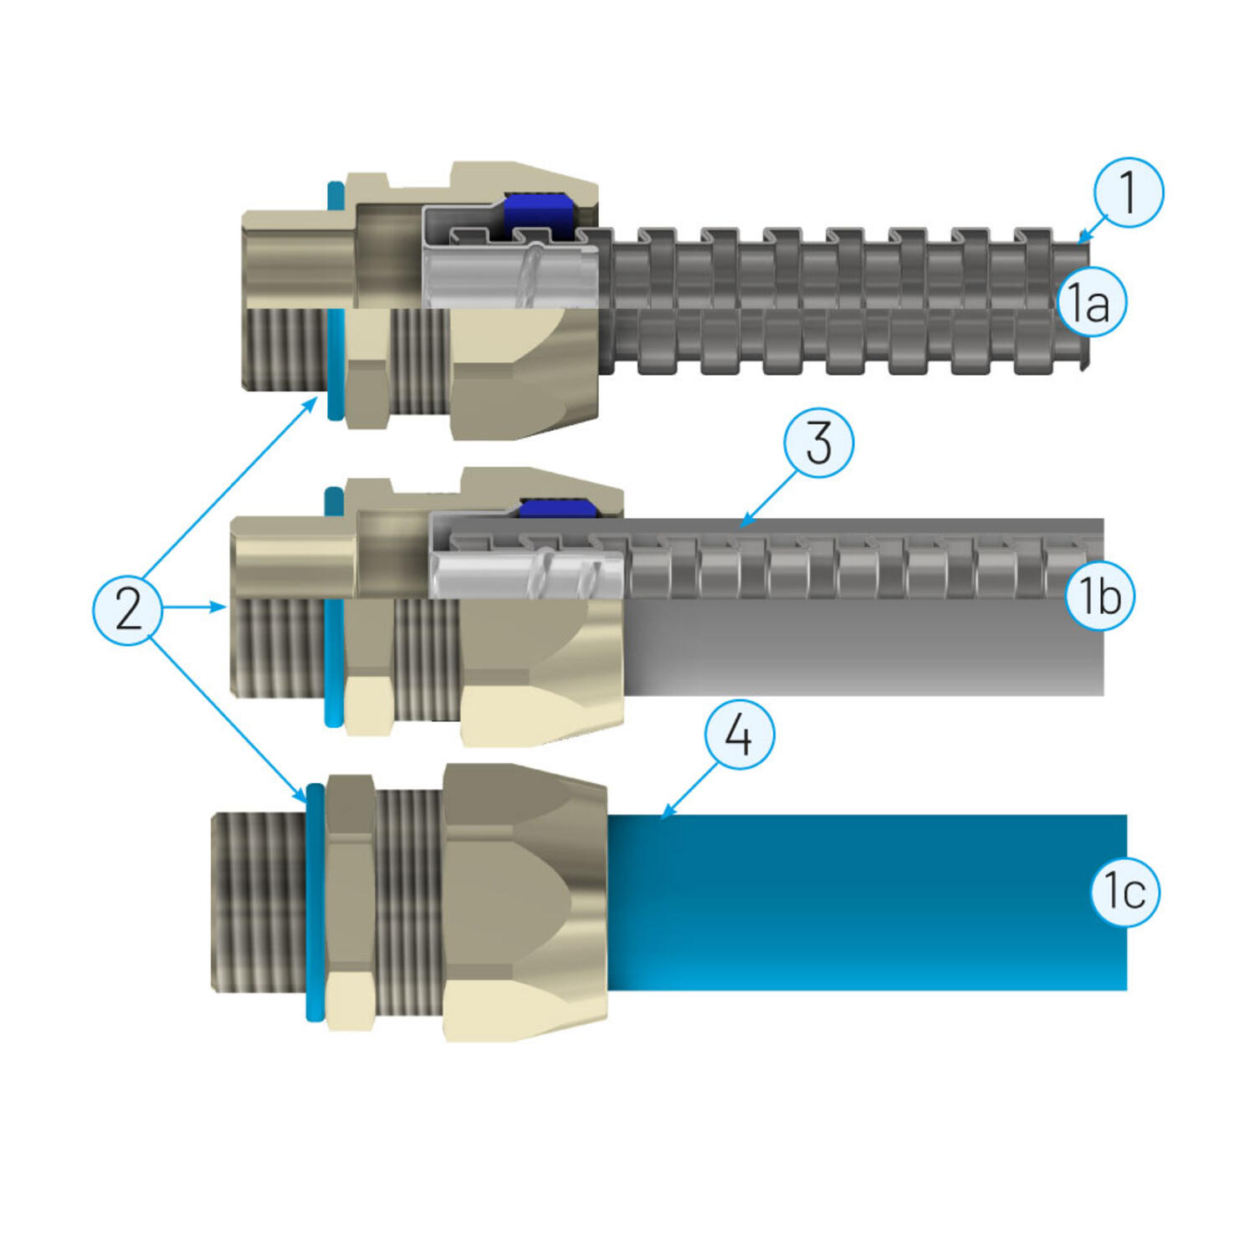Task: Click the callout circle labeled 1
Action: (x=1128, y=192)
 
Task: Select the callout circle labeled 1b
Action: (x=1099, y=596)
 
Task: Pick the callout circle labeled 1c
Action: (x=1125, y=891)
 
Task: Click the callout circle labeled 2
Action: (x=127, y=608)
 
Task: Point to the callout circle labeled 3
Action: (x=818, y=443)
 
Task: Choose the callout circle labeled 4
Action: (x=739, y=735)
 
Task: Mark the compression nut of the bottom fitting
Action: (x=523, y=904)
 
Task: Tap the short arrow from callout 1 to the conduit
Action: (x=1093, y=228)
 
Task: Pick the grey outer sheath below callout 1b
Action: (x=862, y=653)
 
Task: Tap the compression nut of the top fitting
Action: (x=523, y=368)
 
